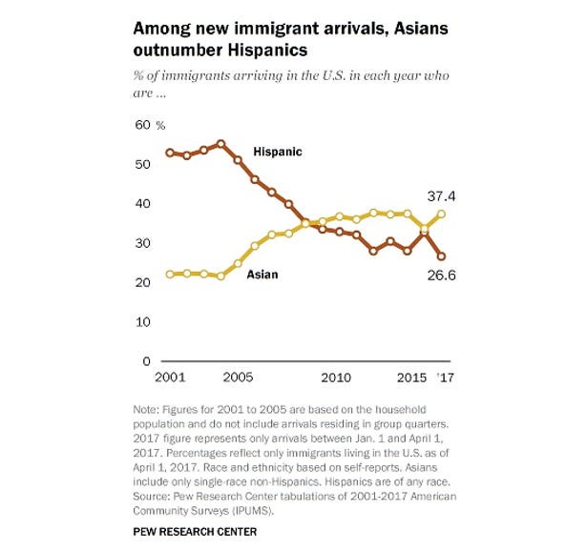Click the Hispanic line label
(278, 152)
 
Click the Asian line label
(263, 276)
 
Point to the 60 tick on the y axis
(142, 126)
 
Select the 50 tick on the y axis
(142, 165)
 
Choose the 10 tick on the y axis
(142, 322)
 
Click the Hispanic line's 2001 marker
(169, 153)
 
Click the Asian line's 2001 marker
(169, 274)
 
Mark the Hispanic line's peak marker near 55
(220, 144)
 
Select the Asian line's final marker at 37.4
(441, 214)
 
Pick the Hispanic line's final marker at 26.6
(441, 256)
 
